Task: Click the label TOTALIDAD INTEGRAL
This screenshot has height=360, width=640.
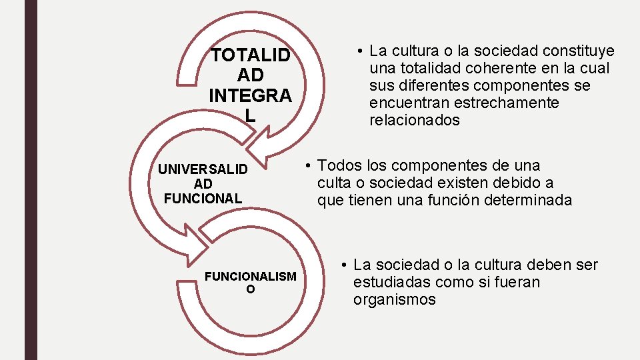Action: tap(250, 85)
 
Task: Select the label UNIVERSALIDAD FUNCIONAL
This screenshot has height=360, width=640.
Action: tap(203, 183)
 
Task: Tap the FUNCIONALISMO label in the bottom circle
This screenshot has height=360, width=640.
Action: tap(250, 282)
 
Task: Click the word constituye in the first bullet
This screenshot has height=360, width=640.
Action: tap(579, 51)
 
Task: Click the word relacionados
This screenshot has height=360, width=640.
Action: tap(414, 121)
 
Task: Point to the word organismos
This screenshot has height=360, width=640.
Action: tap(394, 299)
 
